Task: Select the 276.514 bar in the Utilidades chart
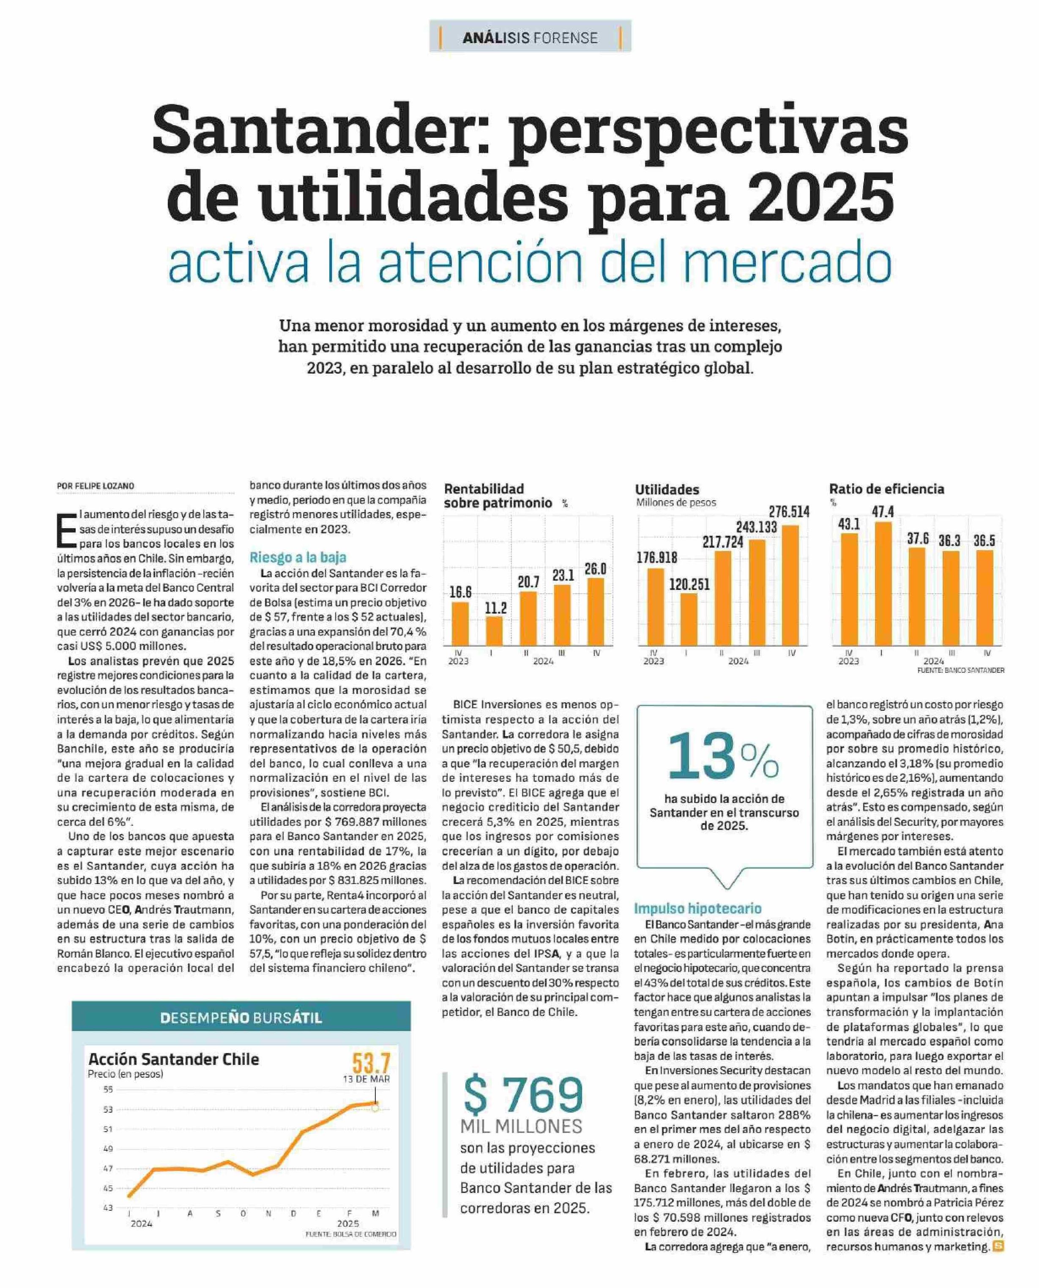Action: click(x=790, y=585)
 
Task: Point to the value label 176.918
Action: click(x=657, y=557)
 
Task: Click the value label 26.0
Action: click(x=596, y=568)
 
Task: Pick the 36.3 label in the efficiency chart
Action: click(x=949, y=541)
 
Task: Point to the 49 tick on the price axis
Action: click(x=108, y=1149)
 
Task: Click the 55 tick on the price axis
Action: click(x=108, y=1089)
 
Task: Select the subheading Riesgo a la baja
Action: click(x=298, y=557)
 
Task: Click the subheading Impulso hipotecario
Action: click(x=698, y=908)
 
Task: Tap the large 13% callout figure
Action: click(x=723, y=757)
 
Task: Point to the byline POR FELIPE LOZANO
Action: click(x=96, y=486)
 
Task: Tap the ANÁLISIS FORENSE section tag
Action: click(x=530, y=38)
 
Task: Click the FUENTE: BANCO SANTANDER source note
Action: click(x=961, y=671)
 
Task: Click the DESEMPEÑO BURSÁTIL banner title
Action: click(x=241, y=1018)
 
